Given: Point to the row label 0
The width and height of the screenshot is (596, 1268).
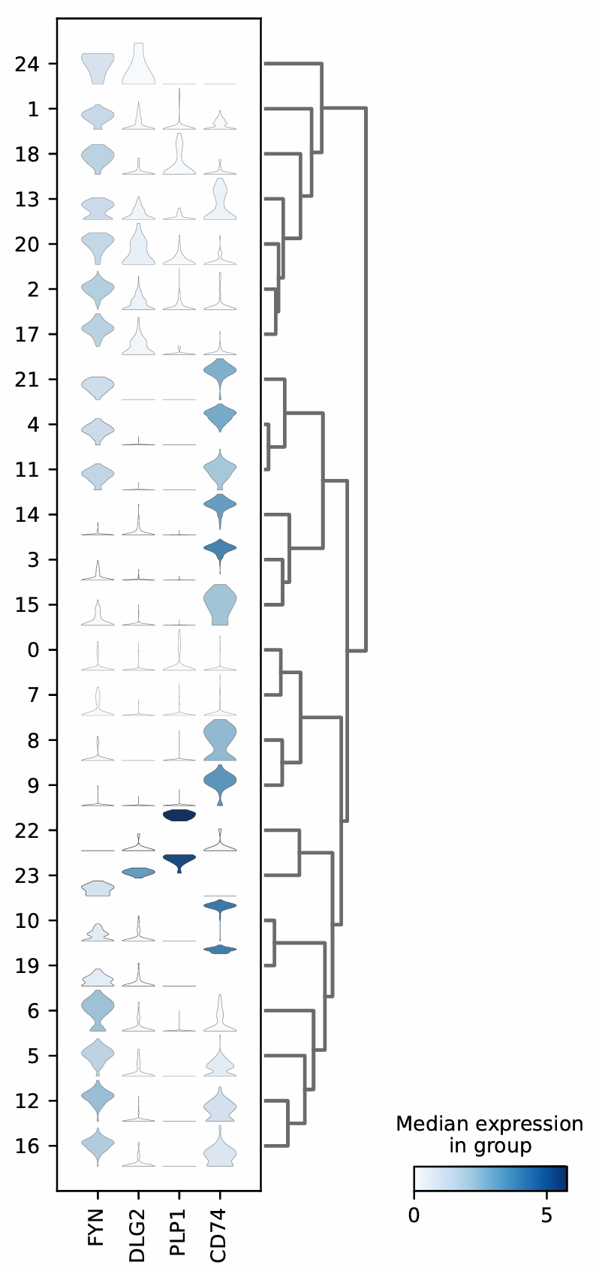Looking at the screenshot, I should point(32,650).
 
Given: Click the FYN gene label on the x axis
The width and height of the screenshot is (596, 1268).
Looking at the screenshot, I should point(97,1227).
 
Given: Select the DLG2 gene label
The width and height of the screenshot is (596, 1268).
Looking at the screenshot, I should point(137,1231).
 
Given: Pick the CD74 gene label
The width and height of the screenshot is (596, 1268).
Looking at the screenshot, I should point(219,1231).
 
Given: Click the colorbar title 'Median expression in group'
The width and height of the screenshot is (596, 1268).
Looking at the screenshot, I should point(489,1134).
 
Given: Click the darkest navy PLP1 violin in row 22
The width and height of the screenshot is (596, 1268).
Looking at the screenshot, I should point(179,815).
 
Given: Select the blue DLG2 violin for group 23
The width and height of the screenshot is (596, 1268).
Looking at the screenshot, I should point(138,872).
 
